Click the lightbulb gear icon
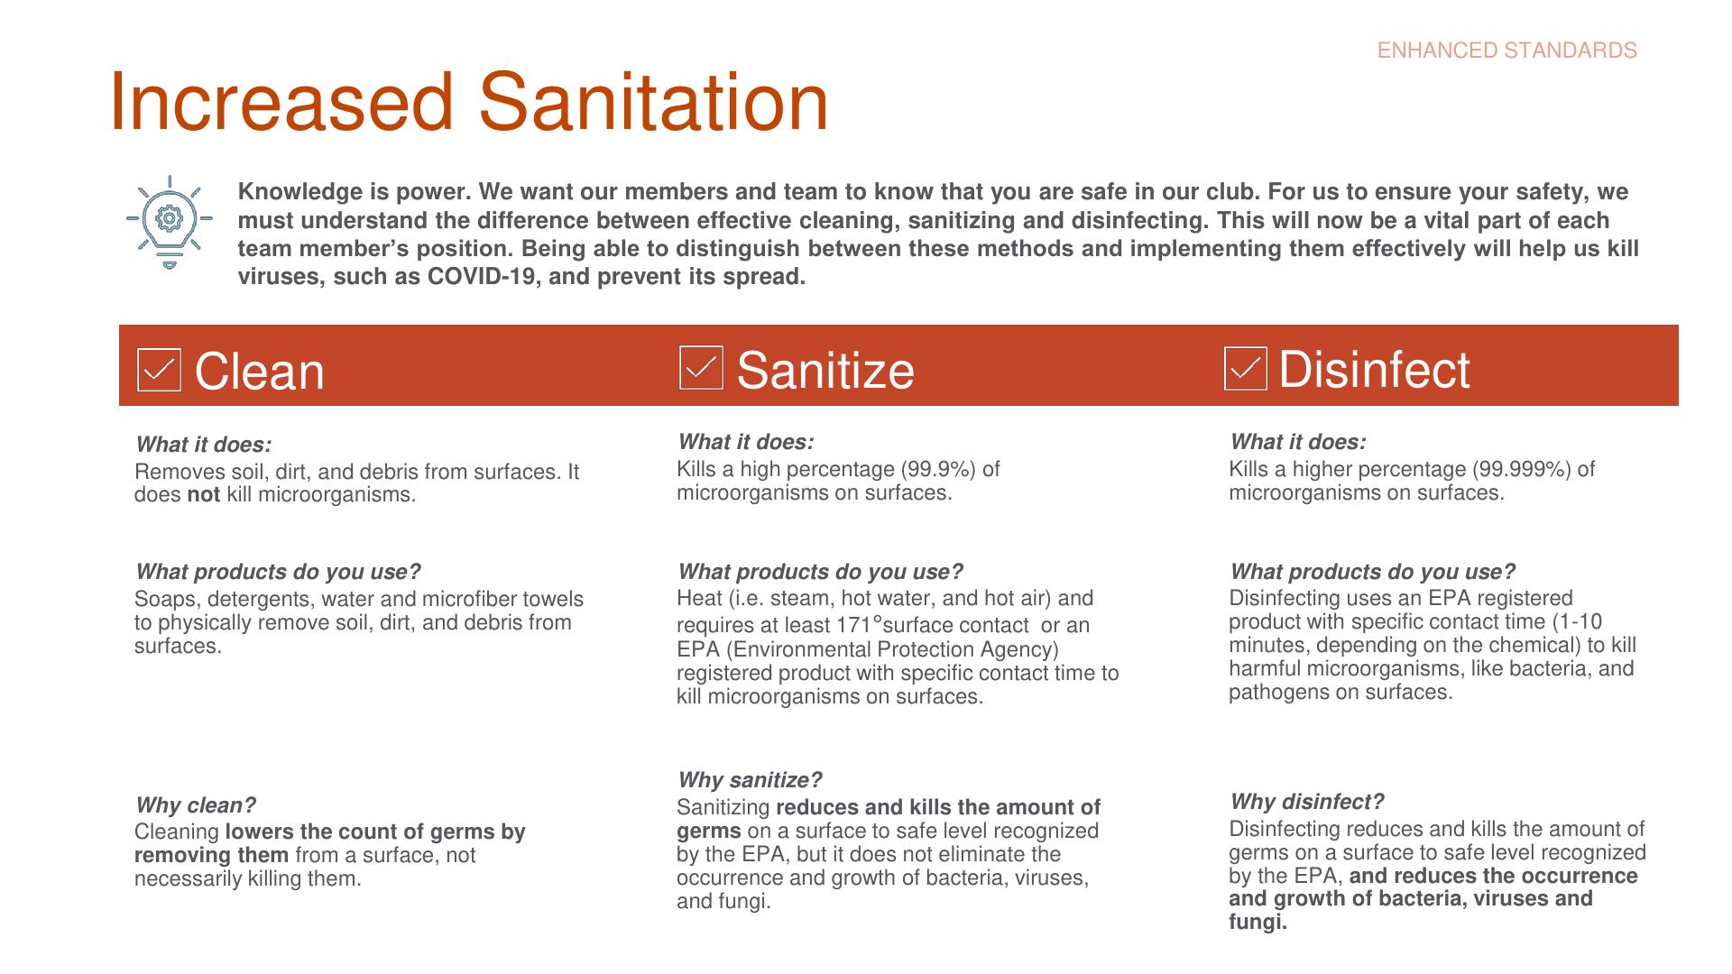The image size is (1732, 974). [170, 222]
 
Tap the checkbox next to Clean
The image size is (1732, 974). [159, 370]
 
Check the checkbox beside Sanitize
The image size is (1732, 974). [701, 368]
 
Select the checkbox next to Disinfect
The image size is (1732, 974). [1246, 369]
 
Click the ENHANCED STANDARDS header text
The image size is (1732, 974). [1506, 51]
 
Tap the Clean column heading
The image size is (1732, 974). [259, 372]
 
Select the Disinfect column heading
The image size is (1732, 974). [1374, 370]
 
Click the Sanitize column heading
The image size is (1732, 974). [825, 370]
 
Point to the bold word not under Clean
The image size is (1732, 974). [203, 494]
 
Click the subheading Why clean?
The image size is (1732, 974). [196, 805]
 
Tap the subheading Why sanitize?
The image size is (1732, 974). [750, 780]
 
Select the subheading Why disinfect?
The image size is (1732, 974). [1306, 802]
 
